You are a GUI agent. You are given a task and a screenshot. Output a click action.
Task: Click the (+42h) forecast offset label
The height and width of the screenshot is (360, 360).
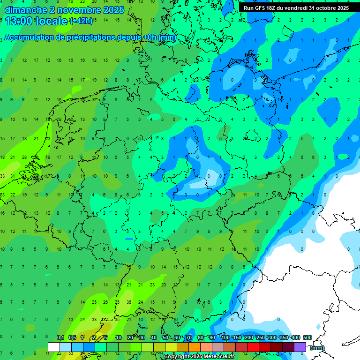tap(81, 22)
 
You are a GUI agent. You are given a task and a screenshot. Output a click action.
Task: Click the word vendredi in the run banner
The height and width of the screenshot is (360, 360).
tap(298, 8)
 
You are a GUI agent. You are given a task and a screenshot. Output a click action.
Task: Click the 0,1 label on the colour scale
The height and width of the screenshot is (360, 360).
tap(60, 337)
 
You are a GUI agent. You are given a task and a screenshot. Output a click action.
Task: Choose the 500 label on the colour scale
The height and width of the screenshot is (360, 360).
tap(307, 337)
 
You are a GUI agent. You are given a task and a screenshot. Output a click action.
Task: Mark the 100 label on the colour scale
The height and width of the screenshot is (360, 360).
tap(225, 337)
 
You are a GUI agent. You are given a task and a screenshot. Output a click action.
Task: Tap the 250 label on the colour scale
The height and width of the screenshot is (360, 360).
tap(261, 337)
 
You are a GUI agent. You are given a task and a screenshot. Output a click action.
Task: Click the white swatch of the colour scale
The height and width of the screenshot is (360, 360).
tap(54, 347)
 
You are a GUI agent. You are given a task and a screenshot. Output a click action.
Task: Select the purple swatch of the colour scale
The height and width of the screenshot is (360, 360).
tap(300, 347)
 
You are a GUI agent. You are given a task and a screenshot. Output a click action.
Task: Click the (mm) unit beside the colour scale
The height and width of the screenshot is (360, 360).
tap(317, 347)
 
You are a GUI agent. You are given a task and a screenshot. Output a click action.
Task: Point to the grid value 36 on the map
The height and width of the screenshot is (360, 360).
tap(129, 302)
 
